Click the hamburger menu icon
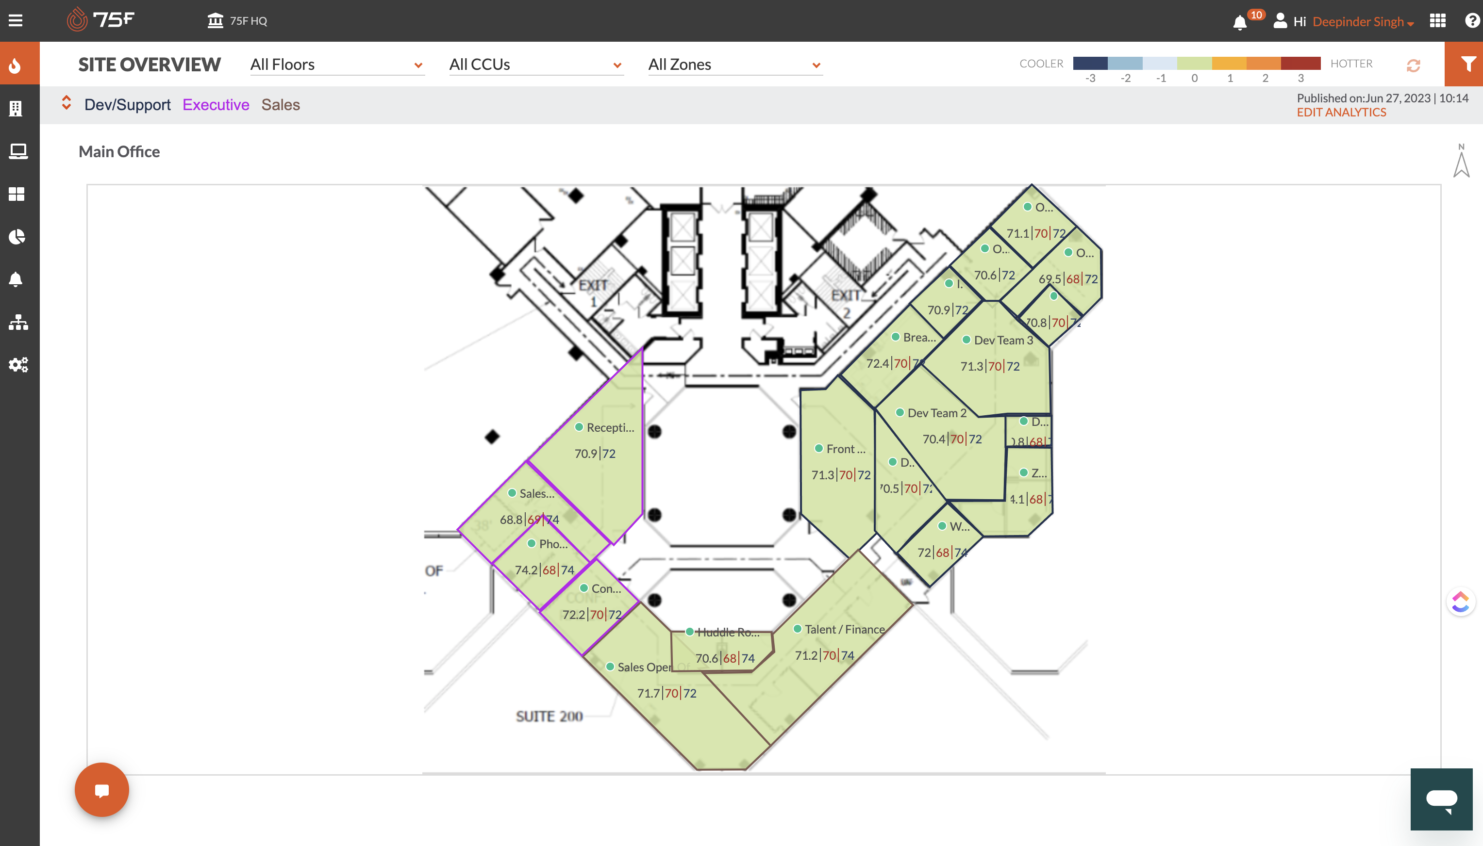click(x=16, y=21)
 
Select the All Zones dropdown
click(x=734, y=65)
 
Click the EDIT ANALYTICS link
click(x=1341, y=113)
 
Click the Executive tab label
click(x=216, y=105)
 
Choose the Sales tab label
click(x=280, y=105)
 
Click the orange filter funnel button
click(x=1463, y=64)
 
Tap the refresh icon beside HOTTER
click(x=1413, y=65)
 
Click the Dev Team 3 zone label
click(x=1003, y=341)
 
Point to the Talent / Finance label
click(x=844, y=629)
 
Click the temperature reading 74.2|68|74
click(x=544, y=570)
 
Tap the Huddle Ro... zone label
click(x=727, y=632)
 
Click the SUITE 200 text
click(x=549, y=716)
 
